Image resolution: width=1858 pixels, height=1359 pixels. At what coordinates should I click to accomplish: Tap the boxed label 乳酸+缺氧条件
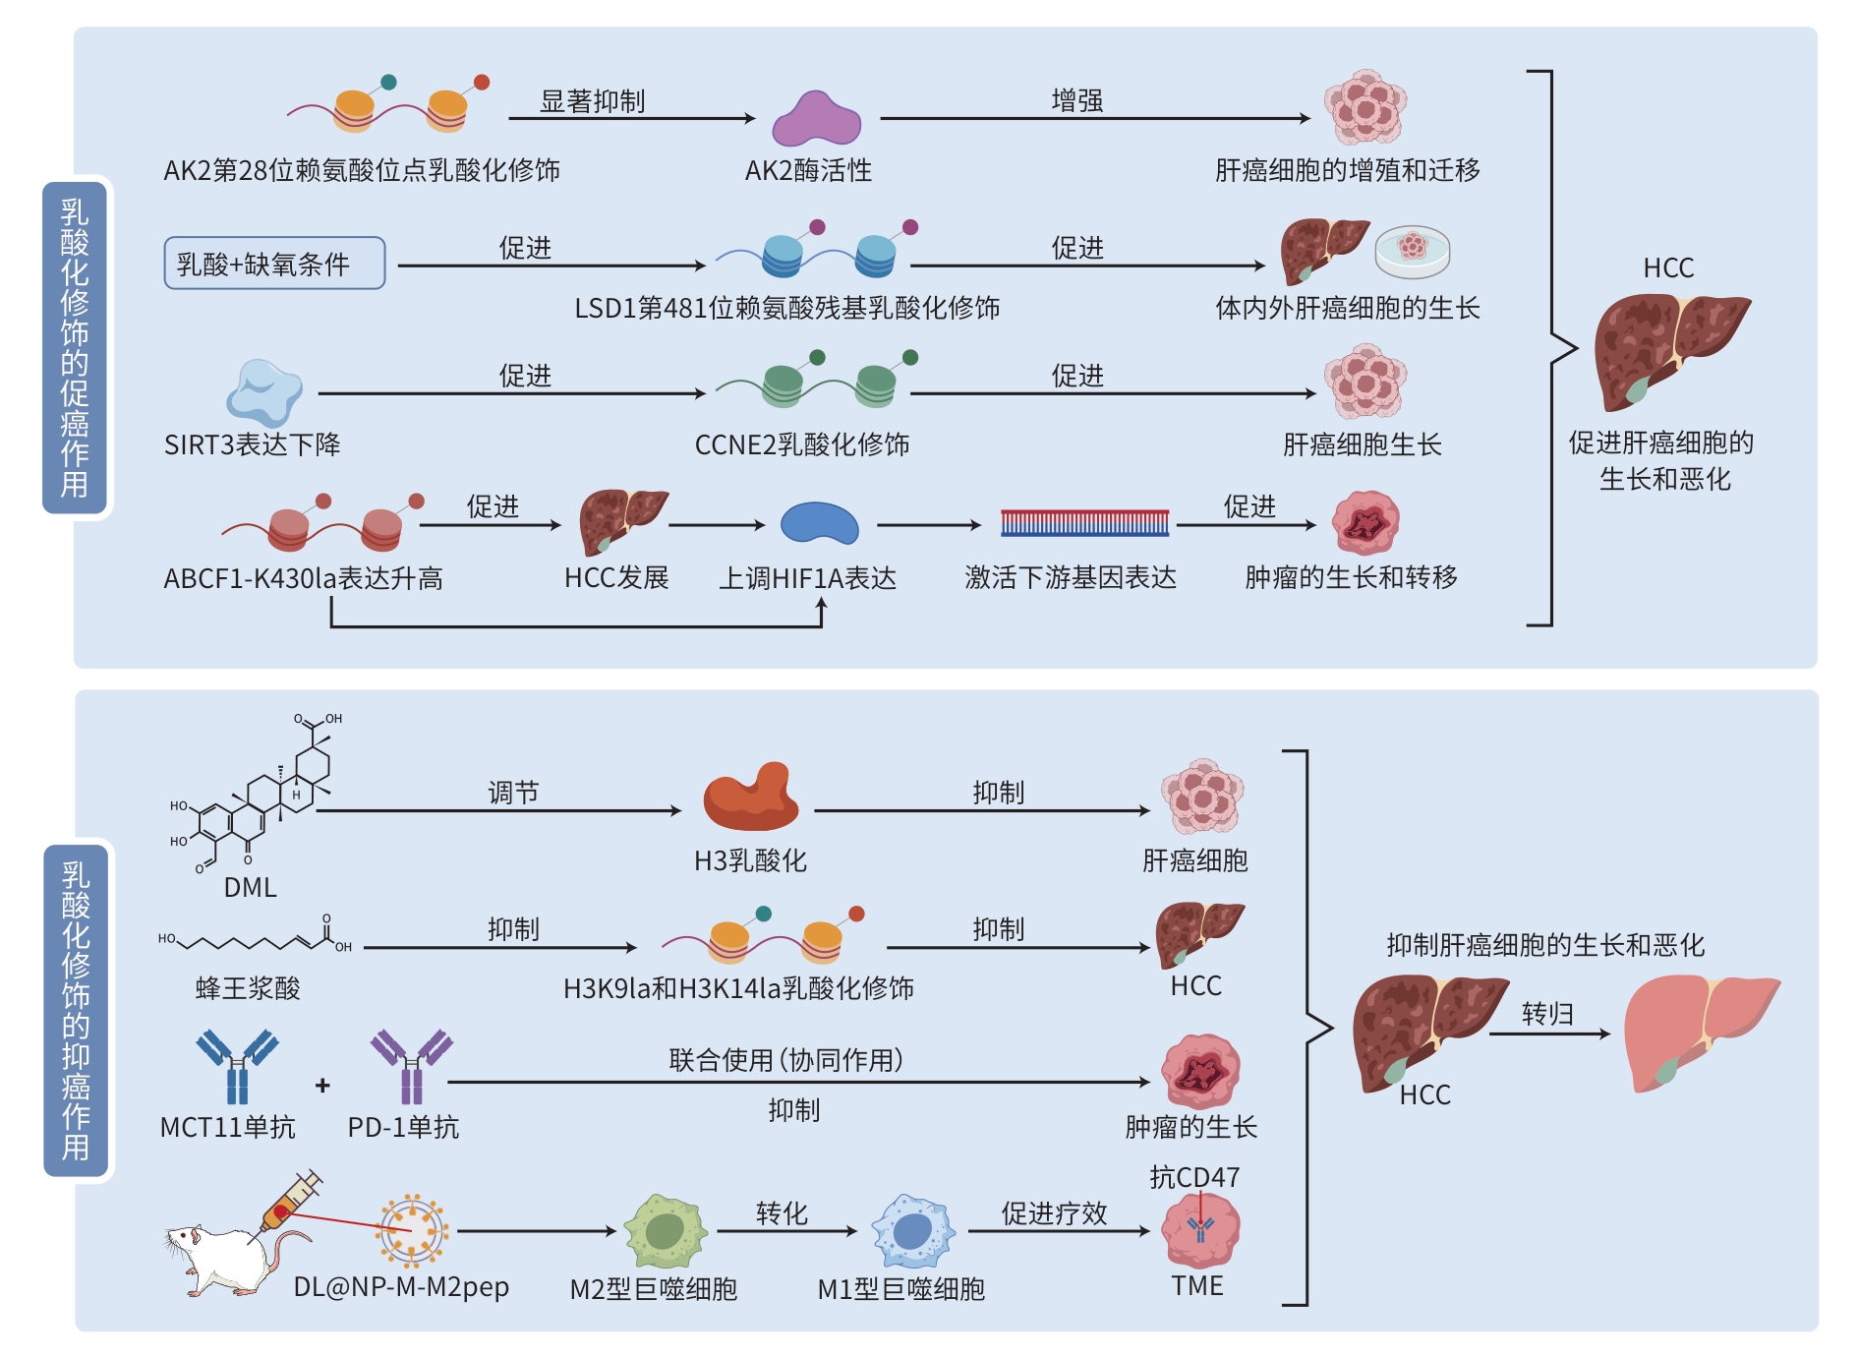274,264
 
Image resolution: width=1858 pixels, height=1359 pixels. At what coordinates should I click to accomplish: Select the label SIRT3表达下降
252,444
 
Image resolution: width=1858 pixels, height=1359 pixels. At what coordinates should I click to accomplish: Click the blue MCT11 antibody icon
237,1066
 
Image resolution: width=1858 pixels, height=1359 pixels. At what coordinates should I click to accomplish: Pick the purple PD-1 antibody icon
411,1066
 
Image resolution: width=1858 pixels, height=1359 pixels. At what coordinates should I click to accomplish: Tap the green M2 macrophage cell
666,1231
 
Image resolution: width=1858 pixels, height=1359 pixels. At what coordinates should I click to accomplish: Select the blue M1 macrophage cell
913,1231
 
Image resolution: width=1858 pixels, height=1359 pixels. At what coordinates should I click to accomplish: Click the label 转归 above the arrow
1547,1013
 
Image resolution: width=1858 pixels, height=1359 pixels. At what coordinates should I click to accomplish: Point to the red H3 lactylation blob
751,798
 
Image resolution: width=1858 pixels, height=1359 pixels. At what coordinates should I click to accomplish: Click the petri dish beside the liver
1413,251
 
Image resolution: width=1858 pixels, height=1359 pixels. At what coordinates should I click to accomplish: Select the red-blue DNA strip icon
1084,523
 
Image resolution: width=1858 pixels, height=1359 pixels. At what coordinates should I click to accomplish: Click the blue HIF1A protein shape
818,523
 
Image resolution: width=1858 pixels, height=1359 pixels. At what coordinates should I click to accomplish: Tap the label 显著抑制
592,101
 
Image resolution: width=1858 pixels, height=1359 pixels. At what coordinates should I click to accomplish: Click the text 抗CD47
1194,1176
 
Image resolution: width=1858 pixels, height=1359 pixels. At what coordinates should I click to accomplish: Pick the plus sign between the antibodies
322,1086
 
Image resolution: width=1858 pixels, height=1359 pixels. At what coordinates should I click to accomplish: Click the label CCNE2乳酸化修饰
802,444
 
